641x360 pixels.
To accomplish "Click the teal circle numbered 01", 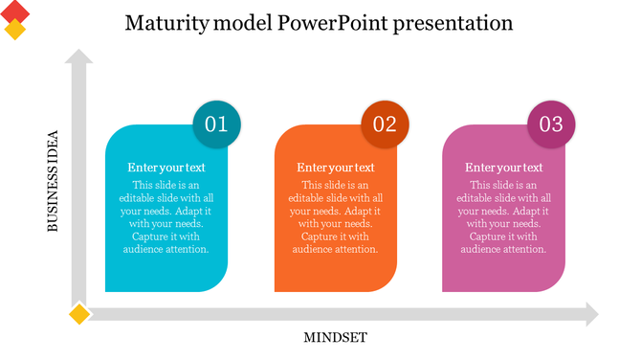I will click(x=217, y=124).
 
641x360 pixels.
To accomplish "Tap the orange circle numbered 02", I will click(x=385, y=124).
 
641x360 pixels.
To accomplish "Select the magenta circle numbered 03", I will click(x=552, y=124).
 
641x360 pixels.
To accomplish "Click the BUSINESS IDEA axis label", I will click(x=54, y=180).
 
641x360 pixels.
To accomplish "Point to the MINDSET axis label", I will click(x=335, y=337).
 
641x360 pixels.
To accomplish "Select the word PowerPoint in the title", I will click(x=323, y=22).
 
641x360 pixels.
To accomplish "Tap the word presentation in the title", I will click(x=449, y=23).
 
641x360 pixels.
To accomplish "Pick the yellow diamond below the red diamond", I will click(x=14, y=29).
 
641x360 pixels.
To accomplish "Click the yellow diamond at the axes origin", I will click(x=78, y=314).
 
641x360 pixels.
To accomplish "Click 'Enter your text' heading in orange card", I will click(x=335, y=168).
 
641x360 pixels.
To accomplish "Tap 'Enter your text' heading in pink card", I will click(x=503, y=168).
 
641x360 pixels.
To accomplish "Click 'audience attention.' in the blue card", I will click(x=166, y=249).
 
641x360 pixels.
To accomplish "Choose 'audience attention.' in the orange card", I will click(x=335, y=249).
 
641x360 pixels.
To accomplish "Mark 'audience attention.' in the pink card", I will click(x=503, y=249).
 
